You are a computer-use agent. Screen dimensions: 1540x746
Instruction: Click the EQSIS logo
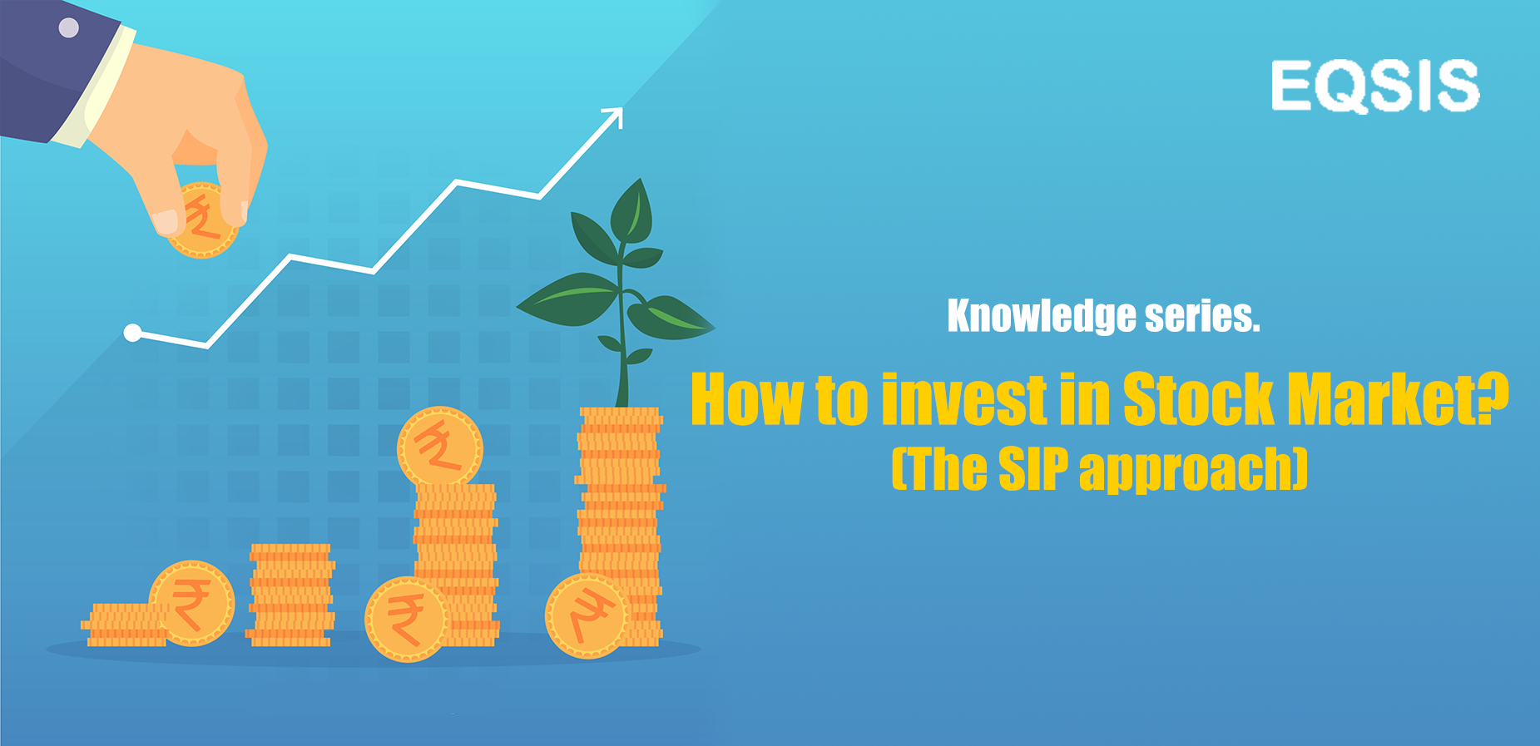click(x=1375, y=86)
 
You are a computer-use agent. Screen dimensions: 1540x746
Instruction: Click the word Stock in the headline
click(x=1198, y=399)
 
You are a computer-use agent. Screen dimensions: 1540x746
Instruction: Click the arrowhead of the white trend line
click(x=614, y=117)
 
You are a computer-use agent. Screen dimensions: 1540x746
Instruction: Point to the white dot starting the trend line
click(x=132, y=333)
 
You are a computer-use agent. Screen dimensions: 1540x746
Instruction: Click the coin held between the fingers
click(x=202, y=221)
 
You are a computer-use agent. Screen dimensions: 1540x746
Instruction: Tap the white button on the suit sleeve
click(x=68, y=27)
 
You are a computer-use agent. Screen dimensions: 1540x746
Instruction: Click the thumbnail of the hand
click(x=166, y=221)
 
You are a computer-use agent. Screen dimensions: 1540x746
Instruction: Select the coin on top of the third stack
click(x=440, y=448)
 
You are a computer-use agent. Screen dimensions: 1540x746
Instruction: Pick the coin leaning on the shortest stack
click(x=191, y=604)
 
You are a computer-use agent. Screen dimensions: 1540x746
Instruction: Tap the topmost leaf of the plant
click(x=631, y=210)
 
